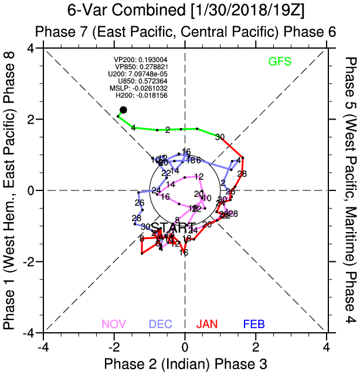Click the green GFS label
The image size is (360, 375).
coord(280,61)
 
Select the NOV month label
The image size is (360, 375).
coord(114,323)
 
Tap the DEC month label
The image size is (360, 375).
coord(160,323)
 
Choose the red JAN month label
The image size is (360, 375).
coord(208,323)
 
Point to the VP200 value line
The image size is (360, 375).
coord(140,60)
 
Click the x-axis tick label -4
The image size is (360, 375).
coord(43,346)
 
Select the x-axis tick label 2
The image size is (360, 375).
coord(256,346)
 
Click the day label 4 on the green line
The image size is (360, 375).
coord(133,128)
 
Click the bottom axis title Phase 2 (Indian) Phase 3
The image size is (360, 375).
coord(185,363)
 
